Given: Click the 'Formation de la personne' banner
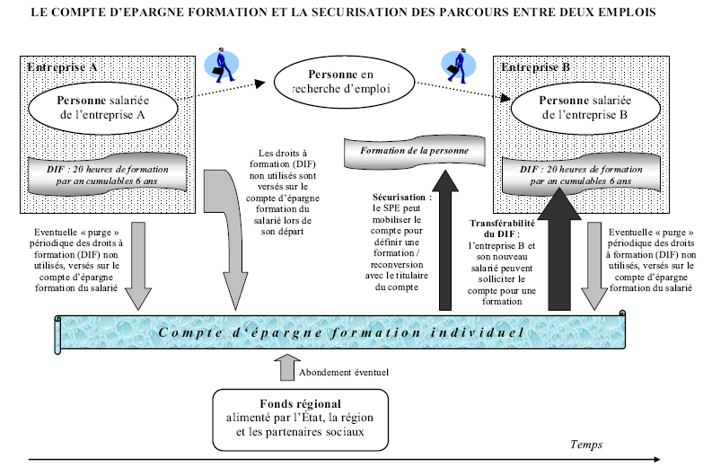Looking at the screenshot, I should pyautogui.click(x=414, y=148).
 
